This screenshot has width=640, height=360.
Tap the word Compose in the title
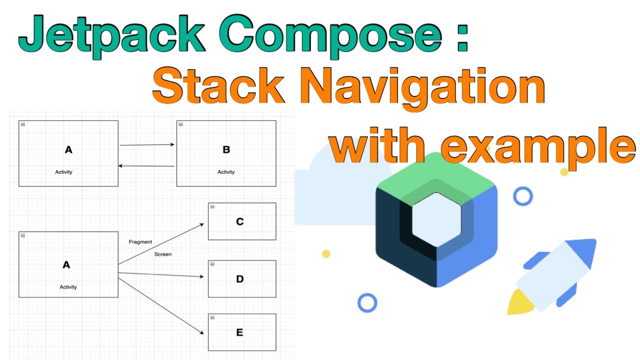coord(330,35)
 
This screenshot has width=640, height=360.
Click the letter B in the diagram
coord(225,149)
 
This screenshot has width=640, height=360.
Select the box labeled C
coord(242,221)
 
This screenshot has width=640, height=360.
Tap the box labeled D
coord(242,279)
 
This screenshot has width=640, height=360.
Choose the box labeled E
coord(242,332)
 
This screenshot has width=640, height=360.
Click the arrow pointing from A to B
coord(147,145)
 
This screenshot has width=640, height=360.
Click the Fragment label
coord(140,242)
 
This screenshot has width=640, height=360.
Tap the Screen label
coord(163,254)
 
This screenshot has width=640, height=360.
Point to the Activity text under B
coord(226,172)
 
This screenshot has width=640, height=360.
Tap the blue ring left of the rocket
coord(367,302)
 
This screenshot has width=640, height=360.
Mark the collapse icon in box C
coord(212,206)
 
